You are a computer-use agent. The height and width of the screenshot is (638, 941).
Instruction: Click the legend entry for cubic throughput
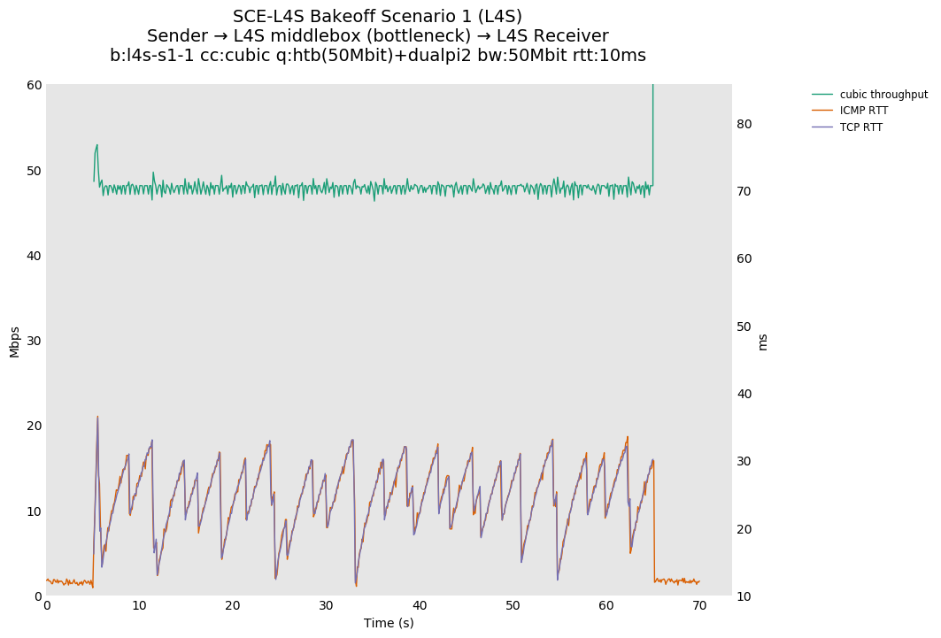[x=883, y=95]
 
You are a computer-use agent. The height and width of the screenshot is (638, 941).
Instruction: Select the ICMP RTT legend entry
[x=863, y=111]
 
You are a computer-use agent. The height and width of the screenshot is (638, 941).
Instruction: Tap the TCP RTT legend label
[x=860, y=127]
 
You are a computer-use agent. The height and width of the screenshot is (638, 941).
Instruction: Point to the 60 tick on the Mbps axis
[x=34, y=85]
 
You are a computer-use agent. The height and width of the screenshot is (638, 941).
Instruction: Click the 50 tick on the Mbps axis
[x=34, y=171]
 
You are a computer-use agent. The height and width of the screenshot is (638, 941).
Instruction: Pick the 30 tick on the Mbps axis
[x=34, y=341]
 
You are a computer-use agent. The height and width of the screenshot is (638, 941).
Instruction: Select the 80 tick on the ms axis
[x=744, y=124]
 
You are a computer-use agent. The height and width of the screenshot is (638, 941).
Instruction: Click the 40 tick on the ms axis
[x=744, y=394]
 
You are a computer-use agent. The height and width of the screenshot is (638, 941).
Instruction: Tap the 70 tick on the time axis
[x=699, y=605]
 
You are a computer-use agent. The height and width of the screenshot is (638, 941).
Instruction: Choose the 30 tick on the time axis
[x=326, y=605]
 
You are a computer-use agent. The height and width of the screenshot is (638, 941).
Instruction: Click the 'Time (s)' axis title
[x=389, y=623]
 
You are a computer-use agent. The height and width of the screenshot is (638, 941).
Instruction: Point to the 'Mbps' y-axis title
[x=14, y=341]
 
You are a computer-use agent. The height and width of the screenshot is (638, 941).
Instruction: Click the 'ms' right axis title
[x=763, y=342]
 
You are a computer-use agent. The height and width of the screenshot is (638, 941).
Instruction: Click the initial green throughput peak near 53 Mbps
[x=96, y=145]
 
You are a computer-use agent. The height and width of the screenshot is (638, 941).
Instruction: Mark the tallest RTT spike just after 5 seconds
[x=97, y=417]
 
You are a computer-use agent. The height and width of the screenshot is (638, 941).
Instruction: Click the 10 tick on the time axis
[x=139, y=605]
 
